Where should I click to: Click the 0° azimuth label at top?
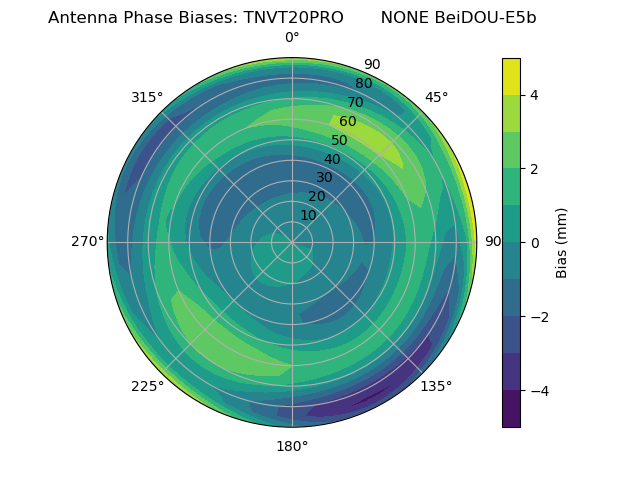coord(292,38)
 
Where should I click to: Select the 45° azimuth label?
coord(436,97)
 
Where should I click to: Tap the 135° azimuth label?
coord(436,386)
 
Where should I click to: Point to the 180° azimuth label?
coord(292,446)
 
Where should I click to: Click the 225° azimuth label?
coord(147,386)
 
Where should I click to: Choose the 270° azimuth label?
coord(87,242)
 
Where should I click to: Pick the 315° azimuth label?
coord(147,97)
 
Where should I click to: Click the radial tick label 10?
coord(308,215)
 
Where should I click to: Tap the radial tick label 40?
coord(332,159)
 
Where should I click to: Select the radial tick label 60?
coord(348,122)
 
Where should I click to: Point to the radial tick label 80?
coord(363,84)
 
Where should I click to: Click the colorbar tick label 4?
coord(535,95)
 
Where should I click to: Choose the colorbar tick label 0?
coord(535,243)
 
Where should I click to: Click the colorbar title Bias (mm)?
coord(562,243)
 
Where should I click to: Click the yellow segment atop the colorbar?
coord(511,77)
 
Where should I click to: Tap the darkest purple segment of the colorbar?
coord(511,409)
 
